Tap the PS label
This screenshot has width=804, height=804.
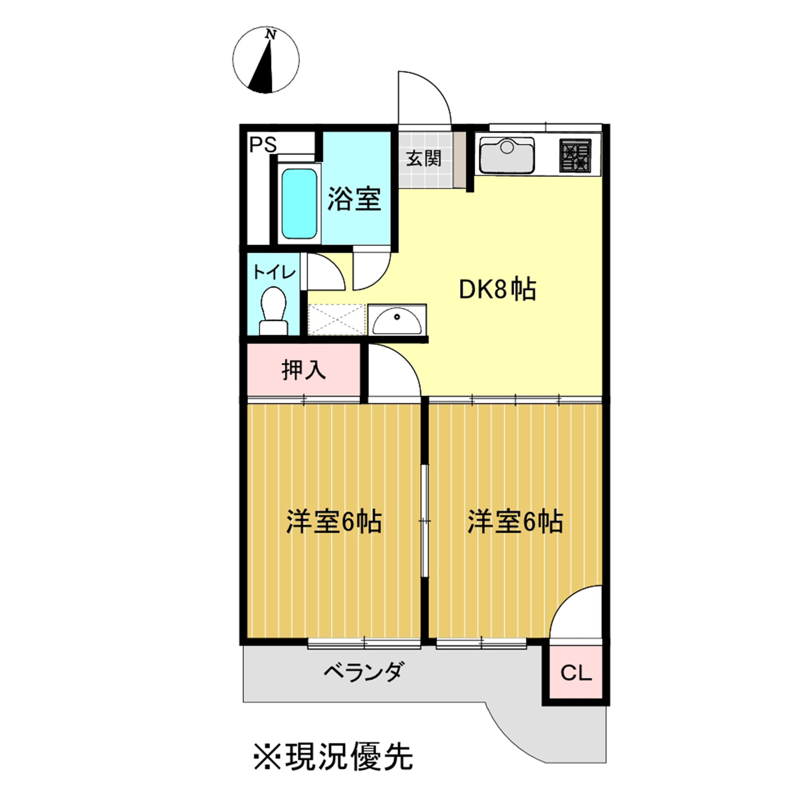[x=263, y=145]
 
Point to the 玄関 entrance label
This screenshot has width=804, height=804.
[x=424, y=158]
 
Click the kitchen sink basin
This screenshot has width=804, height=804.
[x=507, y=156]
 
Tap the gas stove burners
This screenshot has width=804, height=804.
[x=575, y=155]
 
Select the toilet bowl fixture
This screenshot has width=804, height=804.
[x=273, y=311]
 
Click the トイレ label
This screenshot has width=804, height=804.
[x=275, y=273]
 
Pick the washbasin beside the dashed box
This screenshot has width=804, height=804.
[x=397, y=319]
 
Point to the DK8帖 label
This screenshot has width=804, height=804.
[x=497, y=289]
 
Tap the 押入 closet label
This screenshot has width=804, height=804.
[x=304, y=369]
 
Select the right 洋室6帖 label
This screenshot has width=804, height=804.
[x=516, y=521]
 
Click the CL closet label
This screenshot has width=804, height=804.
[x=576, y=673]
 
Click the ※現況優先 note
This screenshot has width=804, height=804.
[x=333, y=756]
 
